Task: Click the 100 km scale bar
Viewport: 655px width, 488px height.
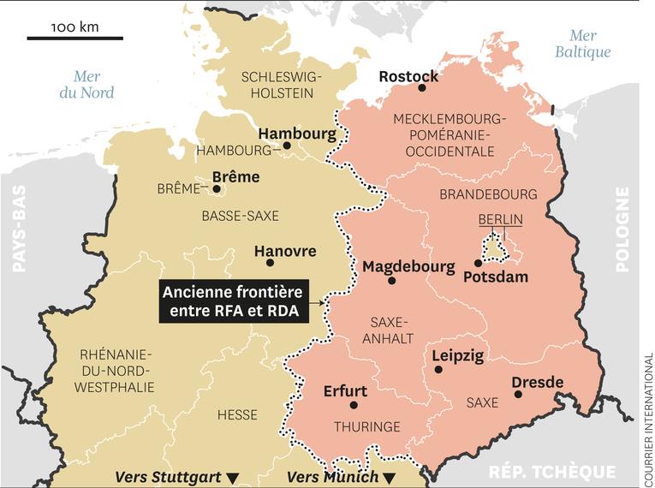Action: tap(74, 38)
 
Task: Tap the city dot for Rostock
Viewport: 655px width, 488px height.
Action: tap(421, 88)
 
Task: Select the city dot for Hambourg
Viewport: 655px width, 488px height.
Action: tap(287, 146)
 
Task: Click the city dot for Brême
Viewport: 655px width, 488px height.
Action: tap(217, 188)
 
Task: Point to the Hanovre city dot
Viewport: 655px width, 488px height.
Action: tap(270, 263)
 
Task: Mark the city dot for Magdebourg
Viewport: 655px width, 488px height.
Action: tap(392, 280)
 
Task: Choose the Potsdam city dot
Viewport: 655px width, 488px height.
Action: tap(478, 264)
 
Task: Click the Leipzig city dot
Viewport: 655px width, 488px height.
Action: tap(438, 370)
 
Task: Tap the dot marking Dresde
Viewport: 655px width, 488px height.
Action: tap(518, 394)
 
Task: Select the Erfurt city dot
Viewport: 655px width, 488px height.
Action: tap(353, 405)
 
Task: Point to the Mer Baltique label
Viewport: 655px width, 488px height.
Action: tap(582, 44)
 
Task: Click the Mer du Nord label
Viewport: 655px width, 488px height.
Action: tap(86, 85)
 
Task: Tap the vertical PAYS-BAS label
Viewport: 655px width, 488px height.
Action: tap(19, 229)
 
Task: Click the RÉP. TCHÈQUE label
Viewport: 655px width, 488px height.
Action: tap(551, 472)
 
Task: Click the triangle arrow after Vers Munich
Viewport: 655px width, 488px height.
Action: tap(389, 478)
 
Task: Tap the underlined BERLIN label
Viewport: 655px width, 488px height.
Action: tap(501, 220)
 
